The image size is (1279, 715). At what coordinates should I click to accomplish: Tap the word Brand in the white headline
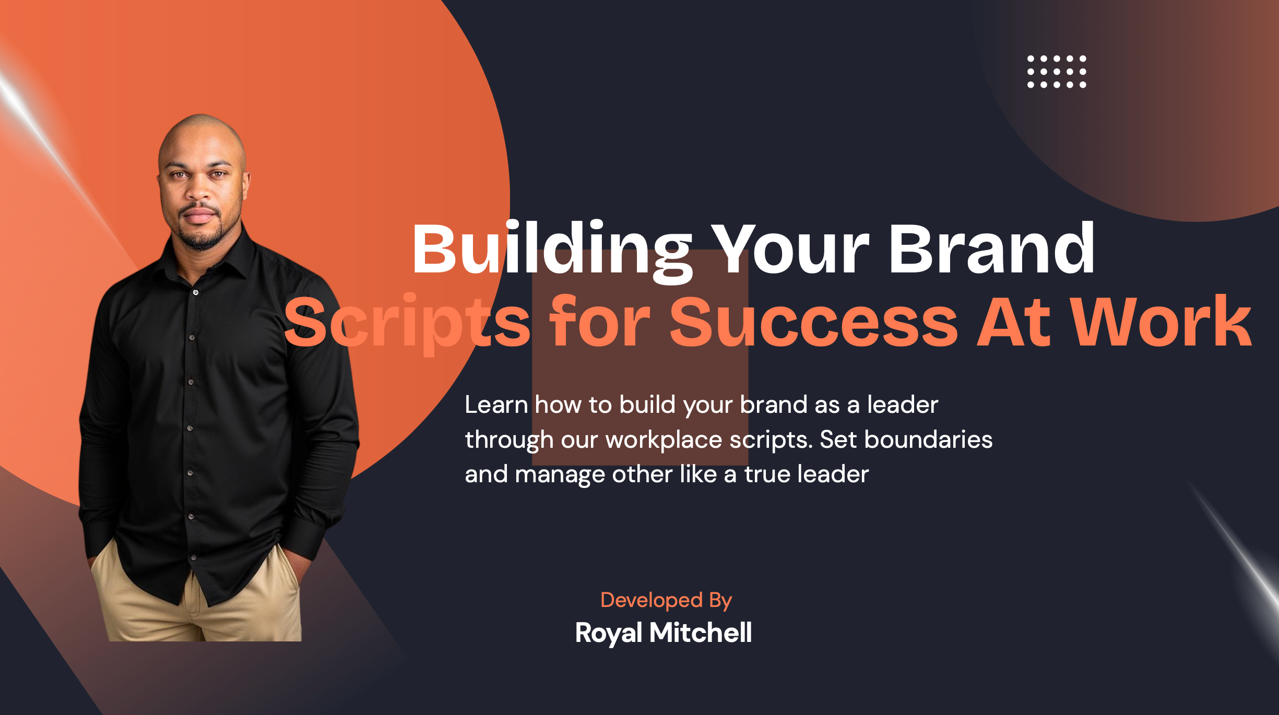tap(991, 248)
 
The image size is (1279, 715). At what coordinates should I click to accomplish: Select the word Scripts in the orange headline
tap(408, 323)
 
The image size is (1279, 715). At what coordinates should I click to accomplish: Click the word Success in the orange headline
tap(813, 323)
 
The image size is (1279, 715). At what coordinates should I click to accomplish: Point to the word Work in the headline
tap(1161, 321)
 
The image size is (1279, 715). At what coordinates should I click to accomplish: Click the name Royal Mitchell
tap(664, 634)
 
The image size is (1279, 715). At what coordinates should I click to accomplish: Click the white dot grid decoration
tap(1057, 71)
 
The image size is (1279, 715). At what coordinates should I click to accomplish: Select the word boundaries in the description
tap(928, 439)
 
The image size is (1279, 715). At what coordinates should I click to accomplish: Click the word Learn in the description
tap(496, 405)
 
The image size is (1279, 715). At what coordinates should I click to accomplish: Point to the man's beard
tap(200, 235)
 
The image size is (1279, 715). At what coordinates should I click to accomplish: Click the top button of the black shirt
tap(195, 292)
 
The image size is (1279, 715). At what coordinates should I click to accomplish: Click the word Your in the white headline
tap(790, 248)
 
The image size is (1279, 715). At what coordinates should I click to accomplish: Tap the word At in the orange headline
tap(1013, 321)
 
